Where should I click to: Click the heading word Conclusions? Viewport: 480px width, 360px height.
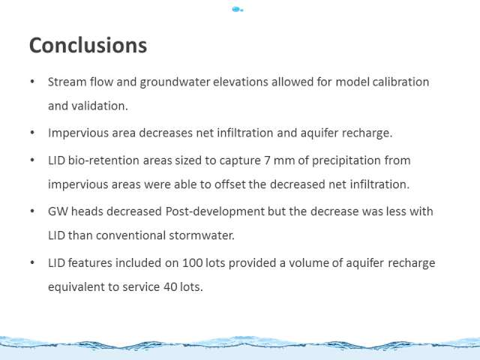[x=88, y=45]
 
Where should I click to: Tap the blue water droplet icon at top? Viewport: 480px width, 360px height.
[x=238, y=10]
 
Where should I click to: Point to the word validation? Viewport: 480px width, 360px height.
[x=100, y=106]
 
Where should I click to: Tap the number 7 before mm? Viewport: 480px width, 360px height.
[x=267, y=160]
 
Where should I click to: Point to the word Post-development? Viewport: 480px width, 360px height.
[x=215, y=211]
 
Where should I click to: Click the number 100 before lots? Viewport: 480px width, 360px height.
[x=193, y=263]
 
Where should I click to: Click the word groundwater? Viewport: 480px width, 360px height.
[x=175, y=82]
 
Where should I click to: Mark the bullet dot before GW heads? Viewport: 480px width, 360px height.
[x=32, y=211]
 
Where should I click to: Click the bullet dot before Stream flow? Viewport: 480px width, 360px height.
[x=32, y=82]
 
